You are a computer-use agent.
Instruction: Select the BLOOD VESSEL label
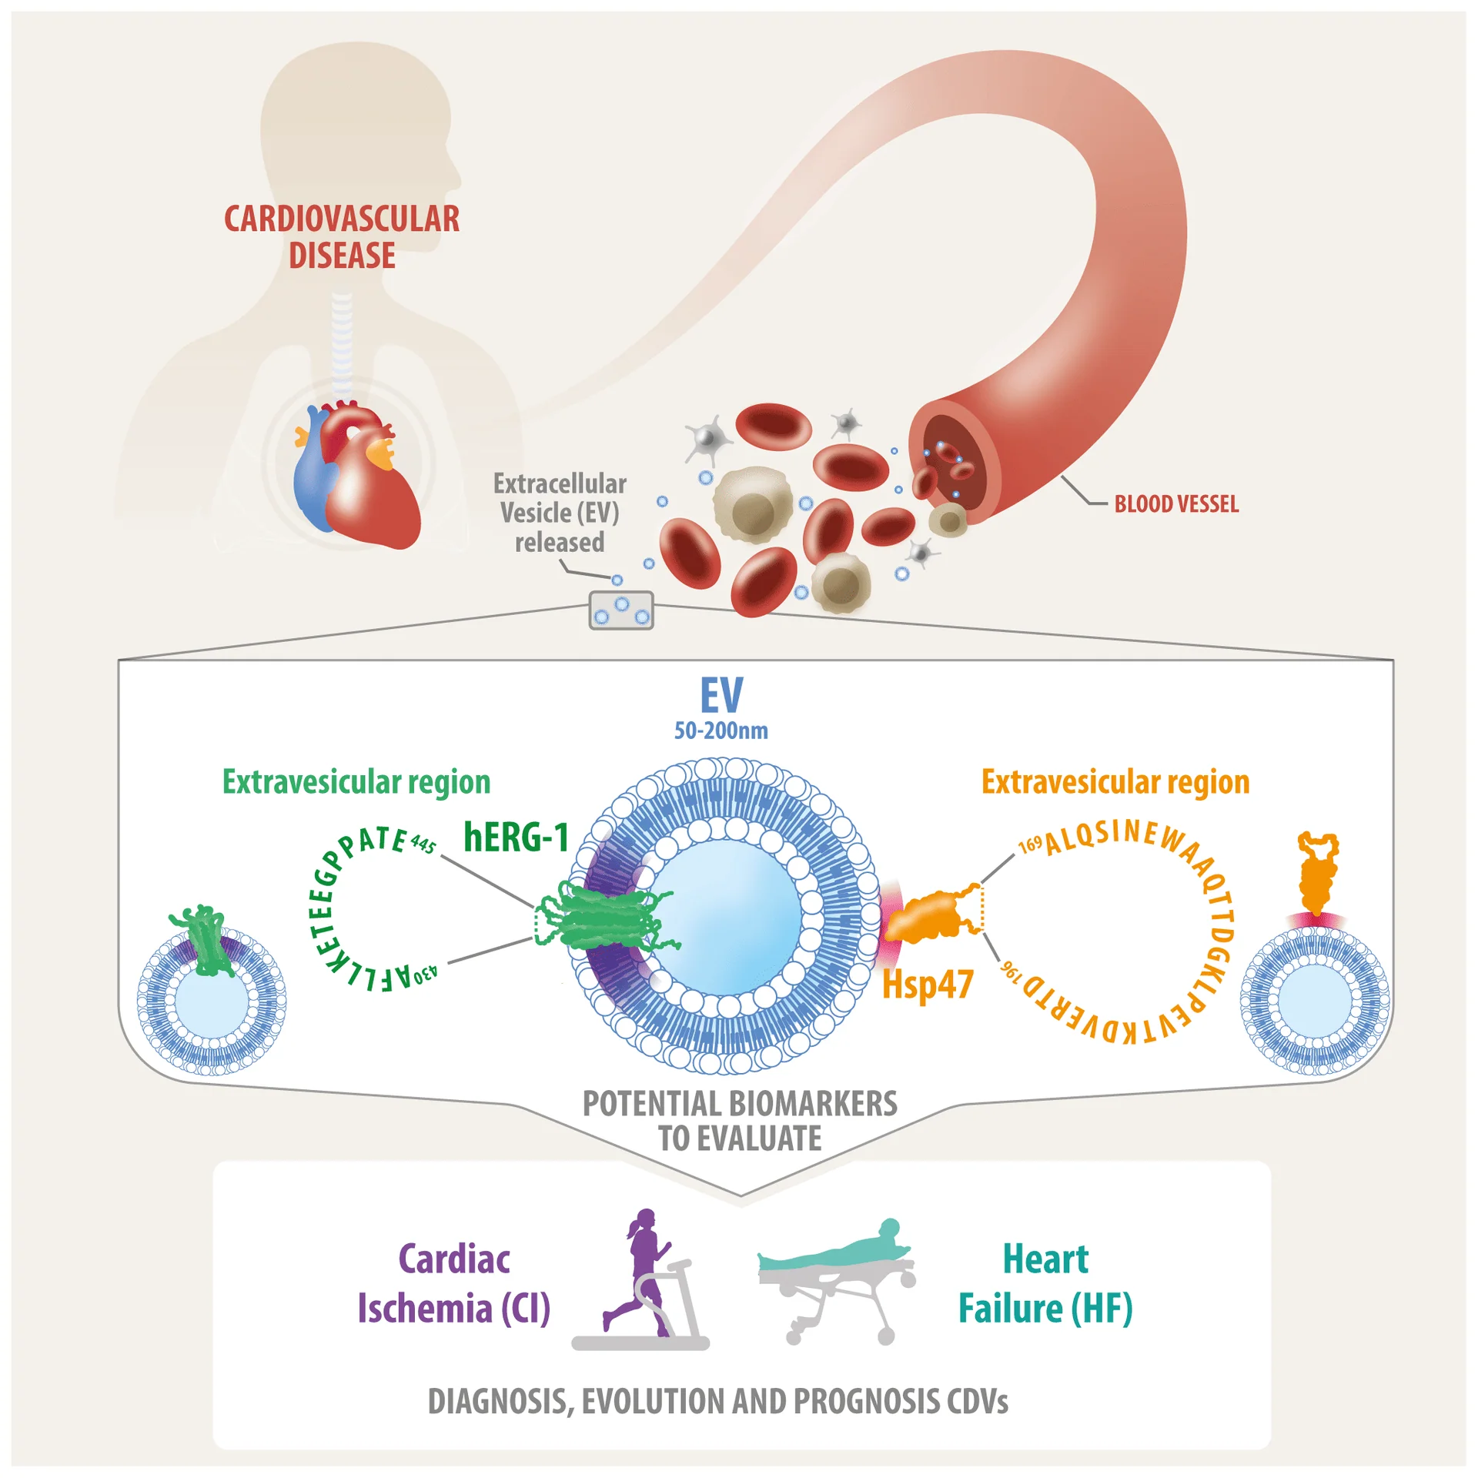[x=1176, y=505]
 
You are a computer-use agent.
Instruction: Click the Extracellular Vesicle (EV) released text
[x=560, y=513]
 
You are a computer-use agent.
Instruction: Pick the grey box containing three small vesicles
[x=620, y=610]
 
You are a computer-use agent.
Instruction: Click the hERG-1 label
[x=516, y=837]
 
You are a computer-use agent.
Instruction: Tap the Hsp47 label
[x=928, y=985]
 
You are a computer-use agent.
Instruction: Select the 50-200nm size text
[x=721, y=731]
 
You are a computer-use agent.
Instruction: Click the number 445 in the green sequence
[x=423, y=844]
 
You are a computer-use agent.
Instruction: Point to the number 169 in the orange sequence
[x=1030, y=845]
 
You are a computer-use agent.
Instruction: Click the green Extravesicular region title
[x=356, y=782]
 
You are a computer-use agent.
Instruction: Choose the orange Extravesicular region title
[x=1115, y=782]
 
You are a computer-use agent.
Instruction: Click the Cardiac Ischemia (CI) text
[x=454, y=1284]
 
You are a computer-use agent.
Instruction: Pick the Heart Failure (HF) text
[x=1045, y=1284]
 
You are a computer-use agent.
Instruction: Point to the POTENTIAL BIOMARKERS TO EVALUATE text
[x=740, y=1121]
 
